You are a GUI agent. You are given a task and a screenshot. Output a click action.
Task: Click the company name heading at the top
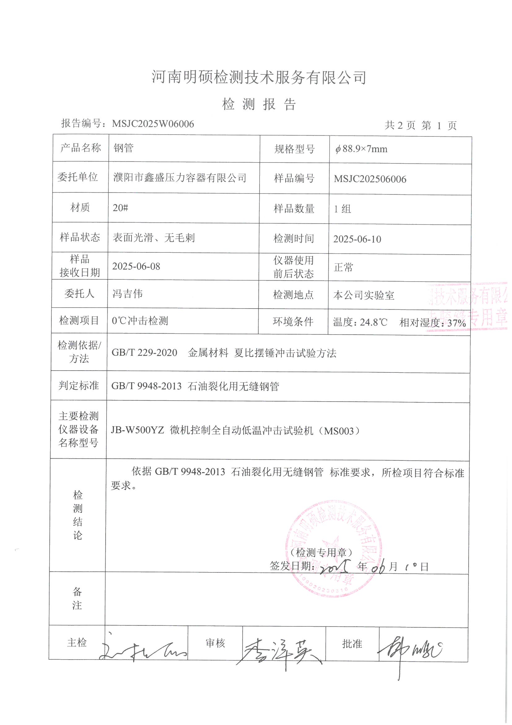tap(259, 78)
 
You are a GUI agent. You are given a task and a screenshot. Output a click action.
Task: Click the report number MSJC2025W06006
tap(153, 124)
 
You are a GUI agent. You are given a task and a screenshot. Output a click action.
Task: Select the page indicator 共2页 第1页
tap(421, 126)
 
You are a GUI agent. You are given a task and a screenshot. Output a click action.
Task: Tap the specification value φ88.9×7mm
tap(361, 149)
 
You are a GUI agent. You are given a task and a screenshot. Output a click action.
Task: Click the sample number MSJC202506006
tap(370, 179)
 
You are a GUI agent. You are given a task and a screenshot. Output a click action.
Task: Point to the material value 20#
tap(120, 208)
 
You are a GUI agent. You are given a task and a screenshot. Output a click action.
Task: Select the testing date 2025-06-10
tap(357, 239)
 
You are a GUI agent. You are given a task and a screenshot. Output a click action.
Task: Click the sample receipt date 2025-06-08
tap(136, 266)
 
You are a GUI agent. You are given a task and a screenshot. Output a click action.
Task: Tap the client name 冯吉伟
tap(127, 294)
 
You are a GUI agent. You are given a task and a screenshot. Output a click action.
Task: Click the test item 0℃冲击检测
tap(140, 321)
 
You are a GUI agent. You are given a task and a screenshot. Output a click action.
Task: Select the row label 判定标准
tap(79, 385)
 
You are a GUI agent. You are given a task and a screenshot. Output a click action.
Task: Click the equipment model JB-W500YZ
tap(137, 431)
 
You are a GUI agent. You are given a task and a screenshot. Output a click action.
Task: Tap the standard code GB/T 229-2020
tap(144, 353)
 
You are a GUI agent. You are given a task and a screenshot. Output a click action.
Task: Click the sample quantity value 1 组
tap(342, 209)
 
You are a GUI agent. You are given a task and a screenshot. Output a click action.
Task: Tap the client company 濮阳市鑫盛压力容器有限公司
tap(180, 178)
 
